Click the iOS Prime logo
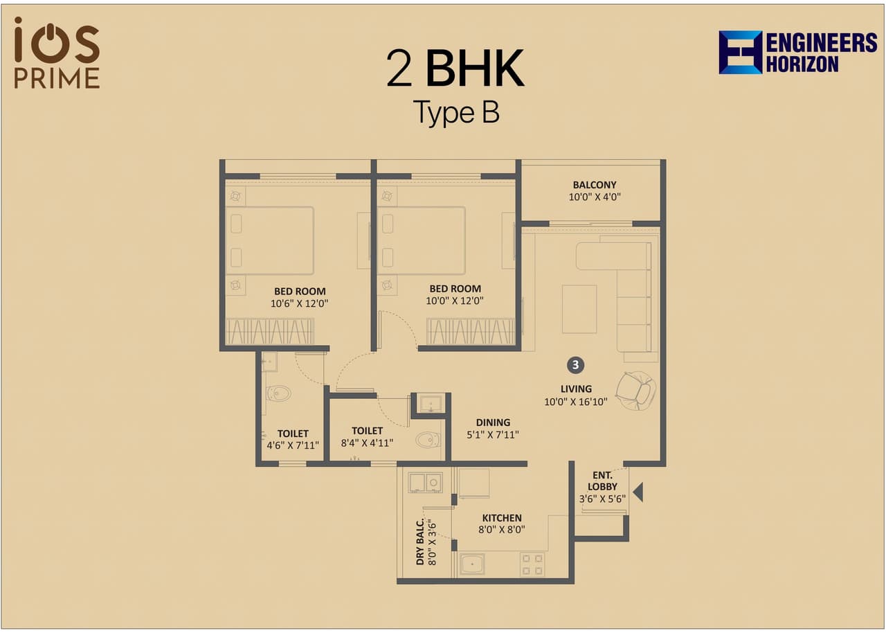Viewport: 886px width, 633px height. coord(57,53)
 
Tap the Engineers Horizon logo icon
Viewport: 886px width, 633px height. coord(740,52)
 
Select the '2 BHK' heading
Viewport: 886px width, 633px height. coord(455,69)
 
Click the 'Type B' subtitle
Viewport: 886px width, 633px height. coord(455,112)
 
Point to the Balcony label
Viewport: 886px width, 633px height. coord(594,185)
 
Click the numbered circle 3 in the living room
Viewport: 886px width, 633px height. coord(575,364)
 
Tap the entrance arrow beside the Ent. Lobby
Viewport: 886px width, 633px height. coord(638,492)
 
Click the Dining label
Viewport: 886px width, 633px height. coord(493,422)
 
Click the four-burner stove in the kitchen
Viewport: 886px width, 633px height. coord(532,564)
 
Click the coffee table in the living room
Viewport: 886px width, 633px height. coord(579,309)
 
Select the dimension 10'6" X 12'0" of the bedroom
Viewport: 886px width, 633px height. coord(300,302)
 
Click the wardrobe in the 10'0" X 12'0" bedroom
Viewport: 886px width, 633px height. coord(471,331)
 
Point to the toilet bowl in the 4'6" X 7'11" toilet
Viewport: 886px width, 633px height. coord(278,393)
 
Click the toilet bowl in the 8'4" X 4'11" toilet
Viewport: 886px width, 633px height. coord(427,439)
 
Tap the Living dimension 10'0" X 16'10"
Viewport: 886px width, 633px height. coord(576,401)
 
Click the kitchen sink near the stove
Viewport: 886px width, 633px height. coord(472,564)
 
